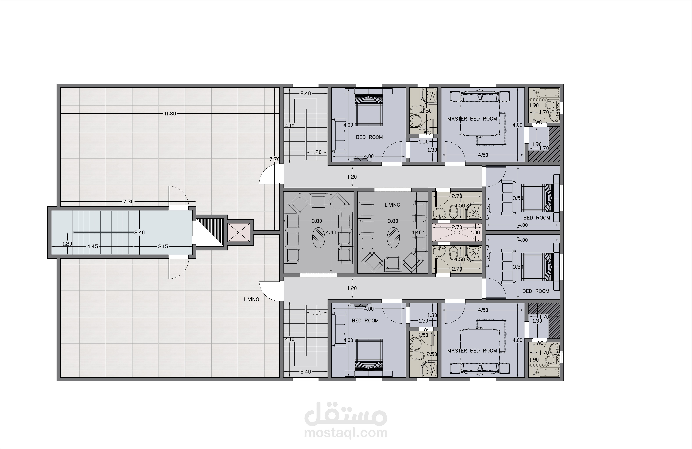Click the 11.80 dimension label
pos(170,114)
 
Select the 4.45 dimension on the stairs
pos(92,246)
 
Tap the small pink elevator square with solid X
pos(238,232)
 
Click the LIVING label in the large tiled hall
pos(251,299)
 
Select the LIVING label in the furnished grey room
pos(392,205)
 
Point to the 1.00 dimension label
pos(475,233)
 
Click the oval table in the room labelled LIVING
pos(393,238)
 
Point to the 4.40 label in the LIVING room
pos(416,233)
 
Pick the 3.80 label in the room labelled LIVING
pos(393,221)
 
